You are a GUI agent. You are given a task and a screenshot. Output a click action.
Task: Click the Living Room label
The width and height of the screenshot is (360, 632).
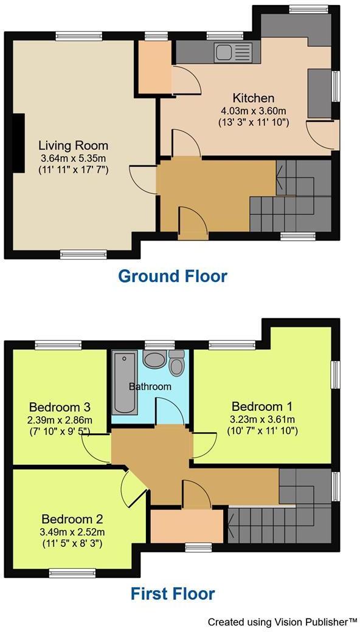click(73, 146)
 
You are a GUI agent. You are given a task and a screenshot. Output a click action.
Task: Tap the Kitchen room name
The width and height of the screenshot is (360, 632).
click(254, 98)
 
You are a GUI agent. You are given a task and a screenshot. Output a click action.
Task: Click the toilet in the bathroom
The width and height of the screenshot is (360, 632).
click(177, 364)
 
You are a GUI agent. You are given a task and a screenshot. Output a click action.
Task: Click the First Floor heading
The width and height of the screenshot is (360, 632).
click(172, 593)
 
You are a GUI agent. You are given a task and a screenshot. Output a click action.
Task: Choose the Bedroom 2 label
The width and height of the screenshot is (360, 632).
click(72, 520)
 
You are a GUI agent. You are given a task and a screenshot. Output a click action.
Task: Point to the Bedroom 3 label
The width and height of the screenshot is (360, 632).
click(60, 407)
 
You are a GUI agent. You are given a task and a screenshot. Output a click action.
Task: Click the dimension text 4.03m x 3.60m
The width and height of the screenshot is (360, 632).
click(254, 111)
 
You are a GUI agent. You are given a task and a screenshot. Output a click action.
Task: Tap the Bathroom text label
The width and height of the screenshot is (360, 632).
click(150, 386)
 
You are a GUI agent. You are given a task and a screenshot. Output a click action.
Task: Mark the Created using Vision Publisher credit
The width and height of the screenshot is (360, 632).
click(282, 622)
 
